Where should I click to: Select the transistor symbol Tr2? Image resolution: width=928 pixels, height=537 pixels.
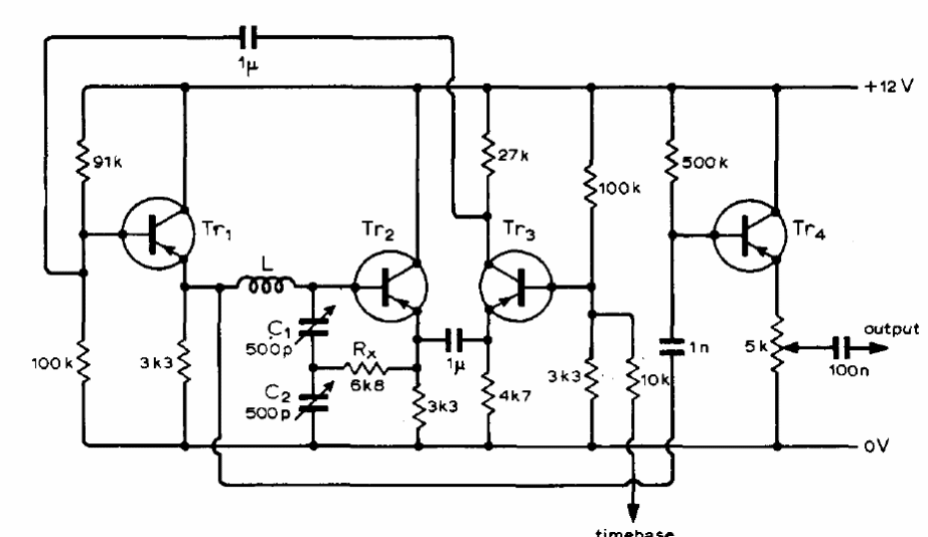click(389, 284)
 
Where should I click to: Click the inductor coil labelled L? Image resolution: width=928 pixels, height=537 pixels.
click(265, 285)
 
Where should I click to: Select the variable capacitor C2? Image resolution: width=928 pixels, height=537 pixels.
click(313, 393)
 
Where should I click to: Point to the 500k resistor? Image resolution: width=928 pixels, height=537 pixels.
click(671, 162)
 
